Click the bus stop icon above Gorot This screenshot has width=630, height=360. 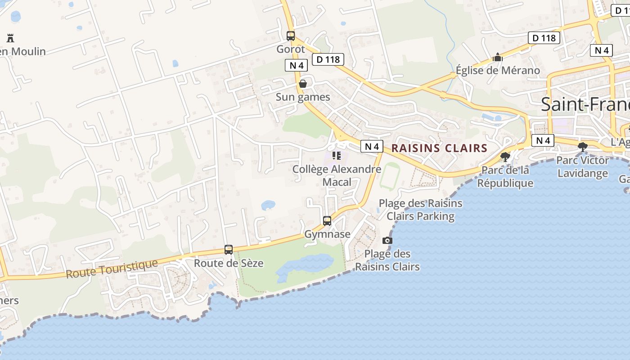pos(291,36)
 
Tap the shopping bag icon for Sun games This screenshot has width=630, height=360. pos(303,84)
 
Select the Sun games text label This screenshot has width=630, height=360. pos(303,97)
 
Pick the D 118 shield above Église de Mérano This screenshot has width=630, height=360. pos(544,38)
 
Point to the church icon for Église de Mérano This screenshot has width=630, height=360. pos(497,58)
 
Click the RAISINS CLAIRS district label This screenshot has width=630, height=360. pos(439,148)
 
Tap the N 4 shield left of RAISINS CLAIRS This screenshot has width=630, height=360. pos(372,146)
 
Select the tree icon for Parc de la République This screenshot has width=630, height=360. pos(505,157)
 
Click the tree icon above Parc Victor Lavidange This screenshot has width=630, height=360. pos(583,147)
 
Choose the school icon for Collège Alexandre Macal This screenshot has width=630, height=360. pos(336,156)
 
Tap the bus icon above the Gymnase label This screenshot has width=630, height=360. pos(327,221)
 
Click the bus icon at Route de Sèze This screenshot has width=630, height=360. pos(229,250)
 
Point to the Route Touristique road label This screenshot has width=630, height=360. pos(112,269)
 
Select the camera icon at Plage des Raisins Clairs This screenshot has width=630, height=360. pos(387,241)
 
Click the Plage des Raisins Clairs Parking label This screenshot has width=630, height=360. pos(420,210)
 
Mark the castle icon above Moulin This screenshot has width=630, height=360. pos(10,38)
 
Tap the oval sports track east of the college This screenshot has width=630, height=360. pos(390,176)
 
